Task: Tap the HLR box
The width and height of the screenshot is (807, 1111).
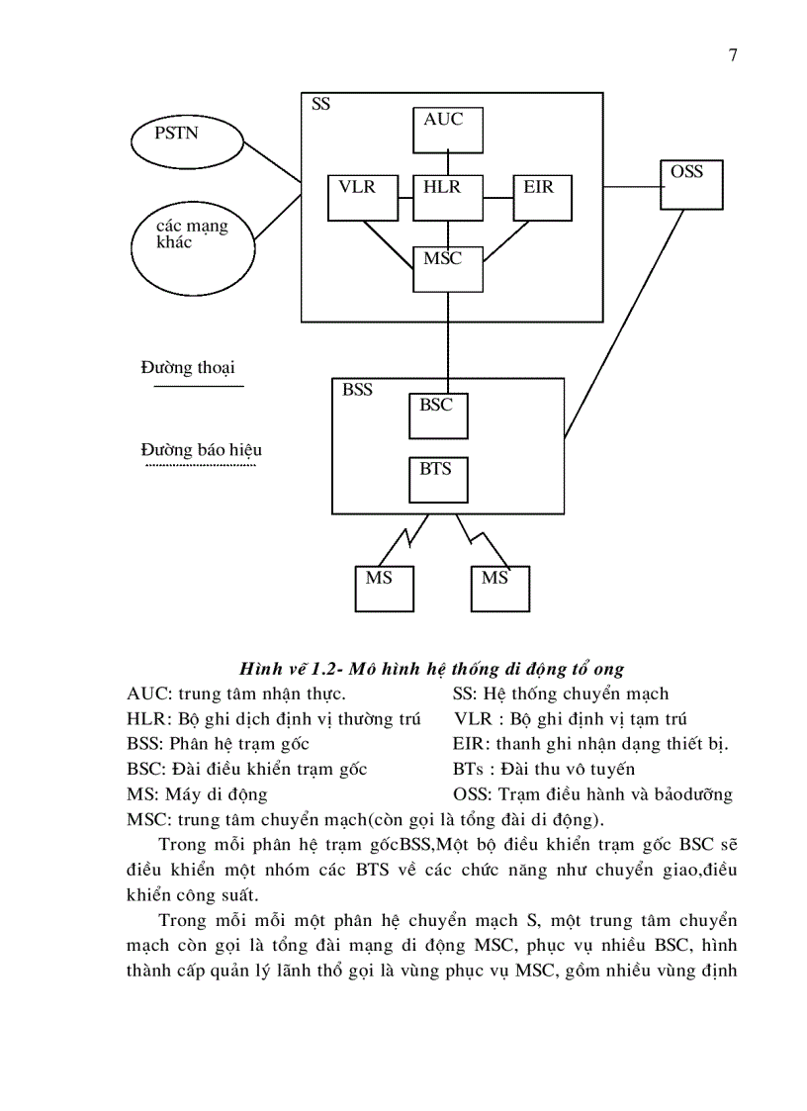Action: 447,198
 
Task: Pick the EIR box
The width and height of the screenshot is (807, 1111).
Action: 543,198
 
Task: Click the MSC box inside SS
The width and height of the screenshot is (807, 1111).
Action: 447,268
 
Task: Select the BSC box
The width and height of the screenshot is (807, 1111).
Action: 438,416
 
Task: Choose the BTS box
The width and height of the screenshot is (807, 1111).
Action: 438,479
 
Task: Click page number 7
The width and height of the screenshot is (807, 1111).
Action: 733,55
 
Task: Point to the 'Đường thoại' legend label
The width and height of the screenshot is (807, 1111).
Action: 188,368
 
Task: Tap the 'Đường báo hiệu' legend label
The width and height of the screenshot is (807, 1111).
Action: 201,450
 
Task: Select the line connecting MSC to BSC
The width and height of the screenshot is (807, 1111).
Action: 447,336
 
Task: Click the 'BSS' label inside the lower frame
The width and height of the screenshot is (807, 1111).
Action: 357,390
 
